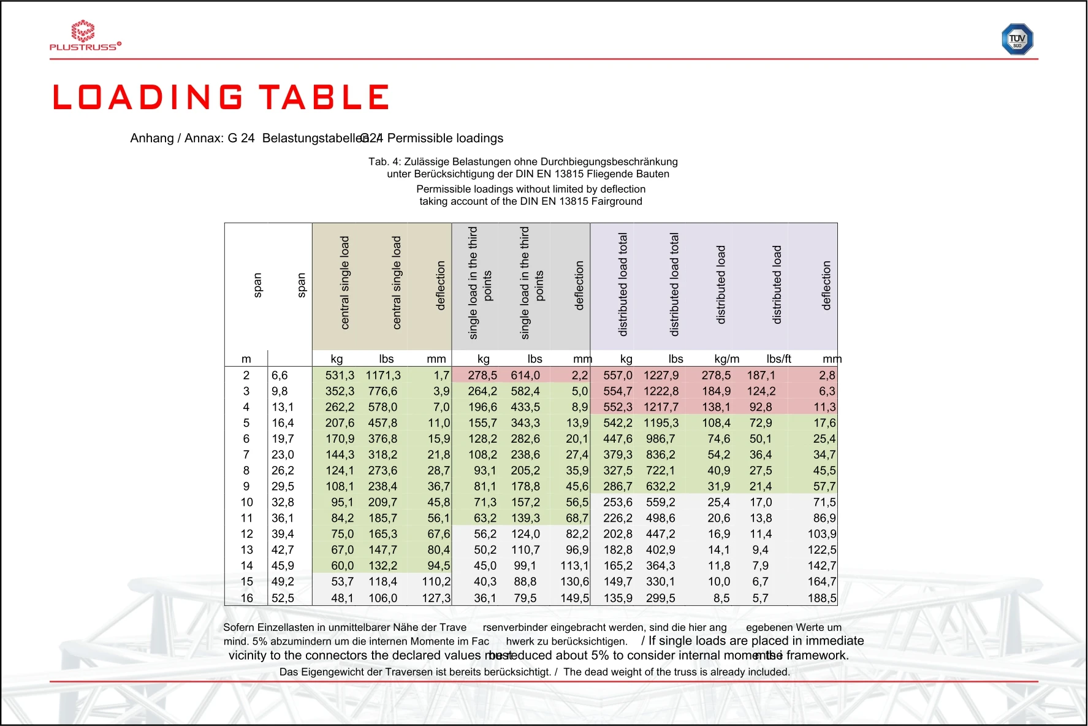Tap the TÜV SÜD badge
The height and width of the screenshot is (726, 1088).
click(x=1017, y=39)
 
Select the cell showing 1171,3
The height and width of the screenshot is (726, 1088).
click(x=383, y=375)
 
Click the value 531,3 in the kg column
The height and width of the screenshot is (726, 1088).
click(x=340, y=375)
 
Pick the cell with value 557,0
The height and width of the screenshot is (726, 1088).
click(x=617, y=375)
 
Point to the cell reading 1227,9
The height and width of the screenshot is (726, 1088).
click(x=661, y=375)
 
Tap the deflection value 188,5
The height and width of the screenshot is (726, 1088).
click(x=822, y=598)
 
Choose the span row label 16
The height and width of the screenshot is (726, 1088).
click(x=246, y=598)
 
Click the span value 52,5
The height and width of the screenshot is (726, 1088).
click(x=283, y=598)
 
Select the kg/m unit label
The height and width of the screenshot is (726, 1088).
click(x=726, y=359)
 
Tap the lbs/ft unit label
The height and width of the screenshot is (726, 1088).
click(x=778, y=359)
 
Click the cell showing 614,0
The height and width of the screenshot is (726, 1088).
click(x=525, y=375)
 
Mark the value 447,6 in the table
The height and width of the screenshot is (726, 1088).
click(x=617, y=439)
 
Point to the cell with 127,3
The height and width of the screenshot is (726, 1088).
click(x=436, y=598)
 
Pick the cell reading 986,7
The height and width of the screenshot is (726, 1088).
click(x=661, y=439)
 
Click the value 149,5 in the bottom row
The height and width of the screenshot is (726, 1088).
click(x=574, y=598)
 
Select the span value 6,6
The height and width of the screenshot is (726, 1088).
click(x=280, y=375)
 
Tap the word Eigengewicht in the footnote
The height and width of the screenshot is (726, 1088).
click(x=329, y=672)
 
